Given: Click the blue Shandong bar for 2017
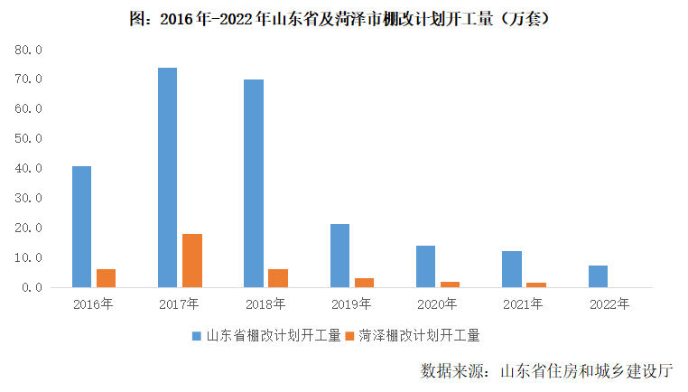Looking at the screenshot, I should point(167,177).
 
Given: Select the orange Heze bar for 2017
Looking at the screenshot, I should point(191,260).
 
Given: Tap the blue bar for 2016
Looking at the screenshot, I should point(81,227).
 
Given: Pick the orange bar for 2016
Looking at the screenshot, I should point(106,278).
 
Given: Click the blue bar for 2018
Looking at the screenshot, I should point(254,183).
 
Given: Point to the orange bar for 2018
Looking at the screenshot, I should point(277,278).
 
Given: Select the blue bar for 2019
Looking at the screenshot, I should point(339,256).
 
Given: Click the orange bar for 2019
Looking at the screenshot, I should point(364,283).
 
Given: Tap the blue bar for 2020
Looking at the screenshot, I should point(425,266).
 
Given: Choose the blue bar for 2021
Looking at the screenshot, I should point(512,269).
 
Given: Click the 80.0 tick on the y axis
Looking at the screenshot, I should point(29,50).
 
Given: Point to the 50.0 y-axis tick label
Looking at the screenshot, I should point(29,138).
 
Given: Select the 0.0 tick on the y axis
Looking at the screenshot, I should point(33,287).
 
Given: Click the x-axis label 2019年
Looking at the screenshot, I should point(351,303).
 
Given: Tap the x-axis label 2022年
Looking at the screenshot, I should point(609,303).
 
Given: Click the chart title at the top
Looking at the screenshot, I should point(343,17).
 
